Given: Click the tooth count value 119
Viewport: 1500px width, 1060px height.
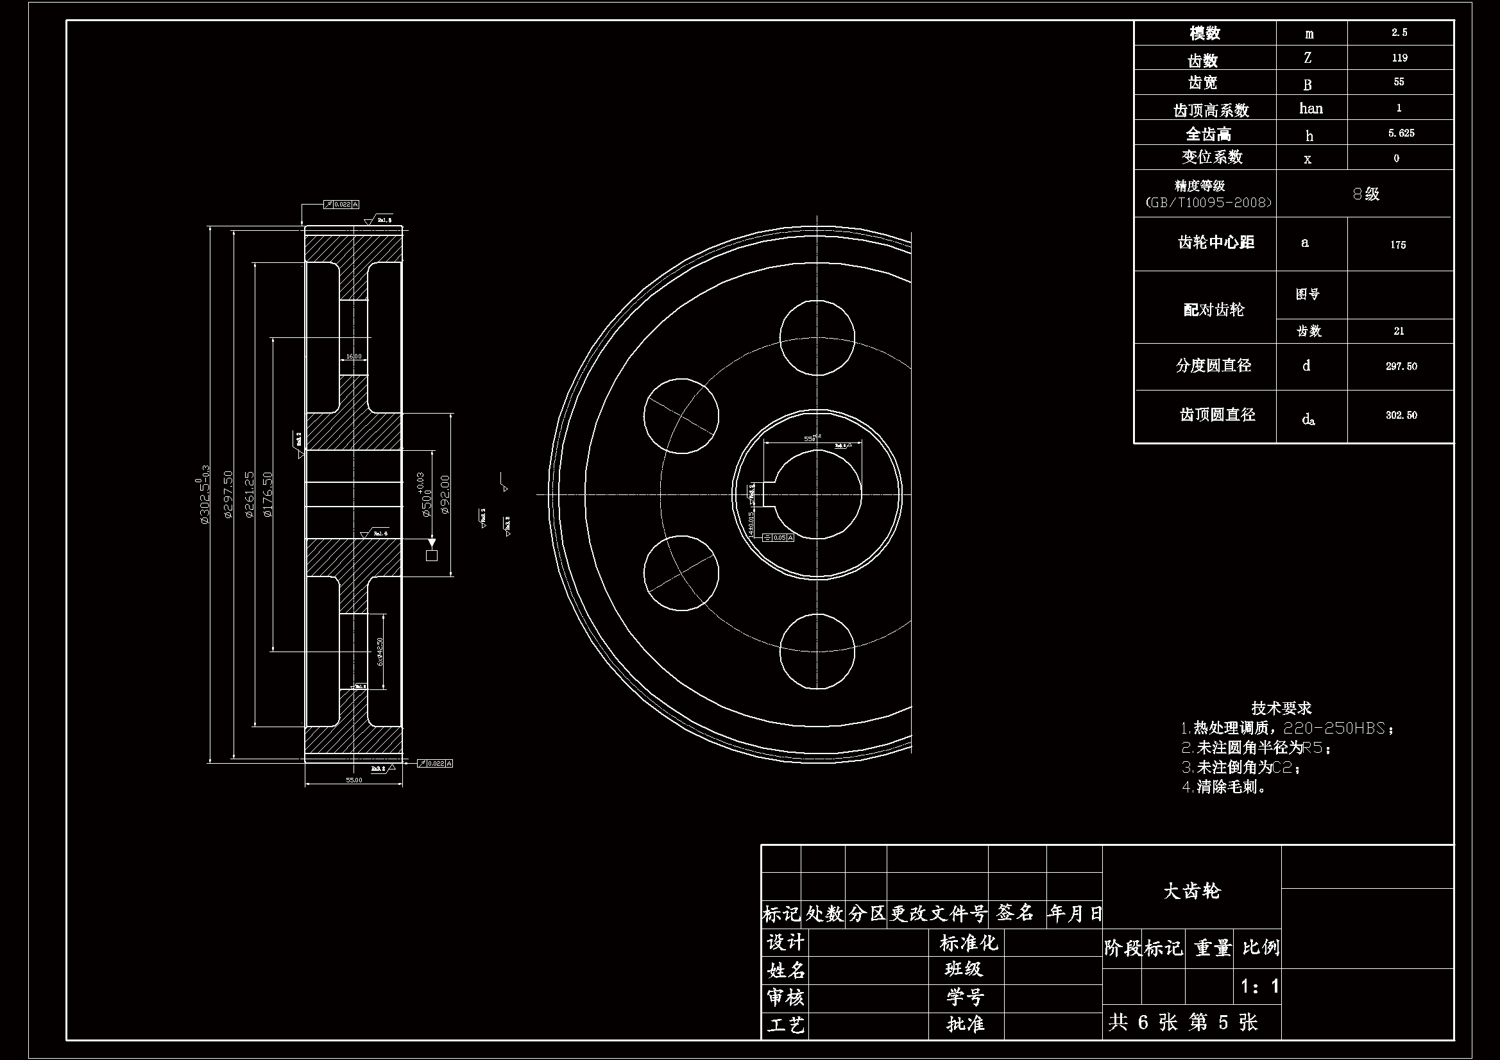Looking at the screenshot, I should point(1399,58).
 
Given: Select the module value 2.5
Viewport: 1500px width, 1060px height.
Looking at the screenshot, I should point(1399,32).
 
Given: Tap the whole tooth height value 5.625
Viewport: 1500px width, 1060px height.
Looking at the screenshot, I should point(1401,133).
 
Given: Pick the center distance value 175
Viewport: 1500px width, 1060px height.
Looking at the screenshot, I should point(1398,244).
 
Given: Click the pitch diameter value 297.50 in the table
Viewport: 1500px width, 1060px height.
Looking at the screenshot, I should point(1401,366).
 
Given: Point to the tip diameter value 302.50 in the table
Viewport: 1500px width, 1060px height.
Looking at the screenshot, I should point(1401,415).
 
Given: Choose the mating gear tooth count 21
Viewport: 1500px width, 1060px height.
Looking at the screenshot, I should point(1399,331).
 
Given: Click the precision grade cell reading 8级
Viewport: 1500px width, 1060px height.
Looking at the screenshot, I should point(1365,193).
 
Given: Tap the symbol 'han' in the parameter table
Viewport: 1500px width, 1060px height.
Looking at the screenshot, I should point(1311,108).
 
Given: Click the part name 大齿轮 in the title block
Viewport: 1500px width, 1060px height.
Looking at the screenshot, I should point(1191,891).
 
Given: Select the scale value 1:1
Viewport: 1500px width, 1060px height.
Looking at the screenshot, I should point(1259,986).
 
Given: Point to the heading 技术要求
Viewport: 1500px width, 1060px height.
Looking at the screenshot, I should point(1281,708).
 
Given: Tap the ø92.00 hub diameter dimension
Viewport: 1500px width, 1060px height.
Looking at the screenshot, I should point(445,494).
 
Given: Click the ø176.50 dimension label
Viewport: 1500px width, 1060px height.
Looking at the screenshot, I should point(267,494).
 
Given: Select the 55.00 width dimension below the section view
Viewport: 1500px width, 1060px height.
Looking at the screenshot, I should point(354,780).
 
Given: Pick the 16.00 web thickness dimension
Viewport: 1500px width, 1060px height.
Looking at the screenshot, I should point(354,357).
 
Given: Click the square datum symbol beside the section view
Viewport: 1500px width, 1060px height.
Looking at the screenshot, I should point(431,555).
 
